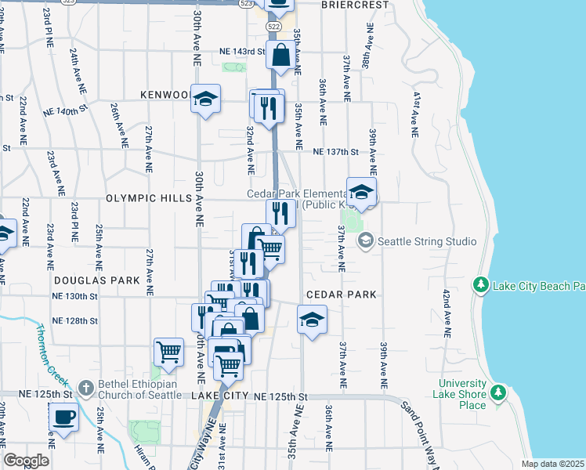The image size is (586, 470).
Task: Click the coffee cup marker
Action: pyautogui.click(x=63, y=417)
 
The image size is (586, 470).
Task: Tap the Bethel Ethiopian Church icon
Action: pyautogui.click(x=85, y=387)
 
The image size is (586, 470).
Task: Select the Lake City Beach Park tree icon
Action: pyautogui.click(x=481, y=285)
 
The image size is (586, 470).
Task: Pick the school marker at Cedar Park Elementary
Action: pyautogui.click(x=361, y=192)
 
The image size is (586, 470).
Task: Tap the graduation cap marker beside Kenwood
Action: pyautogui.click(x=205, y=99)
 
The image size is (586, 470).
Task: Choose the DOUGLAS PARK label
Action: pyautogui.click(x=97, y=280)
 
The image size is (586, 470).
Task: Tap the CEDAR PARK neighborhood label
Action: pyautogui.click(x=342, y=295)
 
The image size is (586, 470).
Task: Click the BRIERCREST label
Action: pyautogui.click(x=355, y=5)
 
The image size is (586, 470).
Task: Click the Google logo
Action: pyautogui.click(x=26, y=461)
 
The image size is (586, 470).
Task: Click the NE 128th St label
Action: pyautogui.click(x=74, y=321)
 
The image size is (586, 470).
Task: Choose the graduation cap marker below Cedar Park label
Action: pyautogui.click(x=312, y=319)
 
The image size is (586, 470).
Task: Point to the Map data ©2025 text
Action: pyautogui.click(x=553, y=464)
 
